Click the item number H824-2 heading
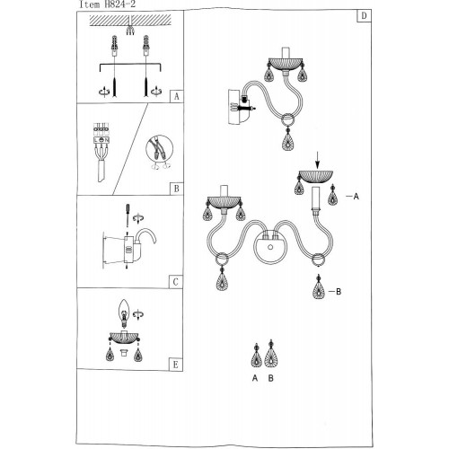(107, 4)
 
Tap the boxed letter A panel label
(177, 96)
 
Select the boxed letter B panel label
(177, 189)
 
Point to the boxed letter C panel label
(176, 282)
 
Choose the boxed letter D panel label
(364, 15)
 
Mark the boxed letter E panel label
(176, 365)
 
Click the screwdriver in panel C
(128, 215)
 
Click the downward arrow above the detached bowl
(318, 161)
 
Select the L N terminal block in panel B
(101, 134)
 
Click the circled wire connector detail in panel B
(160, 149)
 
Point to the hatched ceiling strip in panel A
(130, 20)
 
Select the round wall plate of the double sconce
(270, 247)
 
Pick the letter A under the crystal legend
(255, 378)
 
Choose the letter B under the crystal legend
(270, 378)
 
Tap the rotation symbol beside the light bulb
(138, 314)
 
